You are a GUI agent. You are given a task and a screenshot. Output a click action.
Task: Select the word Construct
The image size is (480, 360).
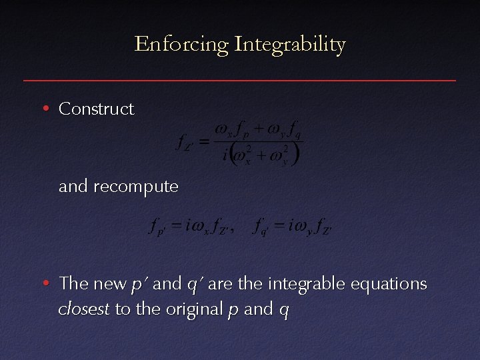(x=96, y=109)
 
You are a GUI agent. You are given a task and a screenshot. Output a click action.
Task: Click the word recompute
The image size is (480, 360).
(x=136, y=187)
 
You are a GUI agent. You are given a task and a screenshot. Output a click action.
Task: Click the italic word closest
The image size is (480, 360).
(x=84, y=309)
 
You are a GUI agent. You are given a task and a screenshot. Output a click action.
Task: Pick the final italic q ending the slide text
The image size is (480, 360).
(x=285, y=311)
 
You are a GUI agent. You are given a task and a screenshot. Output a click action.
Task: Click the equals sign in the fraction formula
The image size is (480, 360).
(x=205, y=141)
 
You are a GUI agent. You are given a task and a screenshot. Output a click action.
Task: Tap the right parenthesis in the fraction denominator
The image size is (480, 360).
(x=295, y=154)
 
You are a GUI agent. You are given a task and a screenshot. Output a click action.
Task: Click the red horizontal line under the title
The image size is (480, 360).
(x=240, y=81)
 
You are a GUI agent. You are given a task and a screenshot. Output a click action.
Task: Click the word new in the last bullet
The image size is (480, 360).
(x=109, y=284)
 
